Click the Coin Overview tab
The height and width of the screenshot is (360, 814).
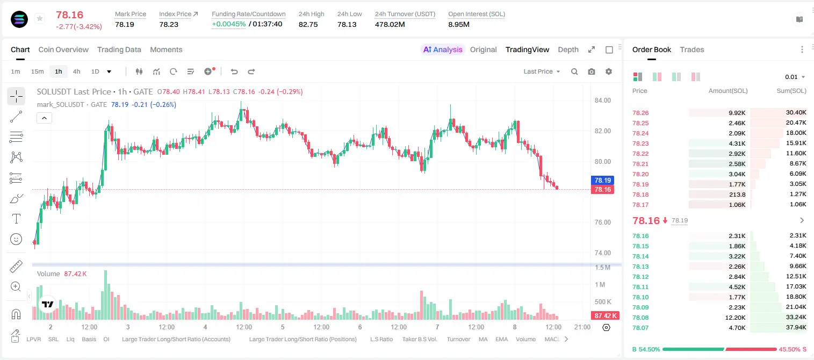click(x=63, y=49)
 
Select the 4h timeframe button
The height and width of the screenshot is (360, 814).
click(x=76, y=71)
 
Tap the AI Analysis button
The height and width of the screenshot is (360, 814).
click(x=443, y=49)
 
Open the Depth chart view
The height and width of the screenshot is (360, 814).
click(x=568, y=49)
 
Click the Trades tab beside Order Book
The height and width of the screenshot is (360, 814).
click(x=692, y=49)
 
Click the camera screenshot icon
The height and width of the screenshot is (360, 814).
click(x=592, y=71)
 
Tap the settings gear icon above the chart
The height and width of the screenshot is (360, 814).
click(x=609, y=71)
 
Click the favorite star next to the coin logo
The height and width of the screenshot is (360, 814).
click(x=40, y=18)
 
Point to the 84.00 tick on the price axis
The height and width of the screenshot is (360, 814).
click(x=603, y=100)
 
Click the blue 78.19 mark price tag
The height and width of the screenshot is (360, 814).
click(x=602, y=180)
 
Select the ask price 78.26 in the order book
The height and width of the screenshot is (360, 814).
click(x=640, y=113)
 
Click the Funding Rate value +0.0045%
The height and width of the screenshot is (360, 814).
click(x=229, y=24)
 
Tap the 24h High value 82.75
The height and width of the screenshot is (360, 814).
click(x=308, y=24)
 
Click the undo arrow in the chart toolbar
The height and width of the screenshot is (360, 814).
click(x=234, y=71)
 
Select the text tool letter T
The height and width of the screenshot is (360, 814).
click(x=16, y=219)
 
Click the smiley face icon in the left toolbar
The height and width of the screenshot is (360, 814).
click(x=16, y=239)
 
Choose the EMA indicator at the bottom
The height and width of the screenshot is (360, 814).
click(x=501, y=339)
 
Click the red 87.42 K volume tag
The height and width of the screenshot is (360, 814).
click(x=606, y=316)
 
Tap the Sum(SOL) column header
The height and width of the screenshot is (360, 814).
click(x=791, y=91)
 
